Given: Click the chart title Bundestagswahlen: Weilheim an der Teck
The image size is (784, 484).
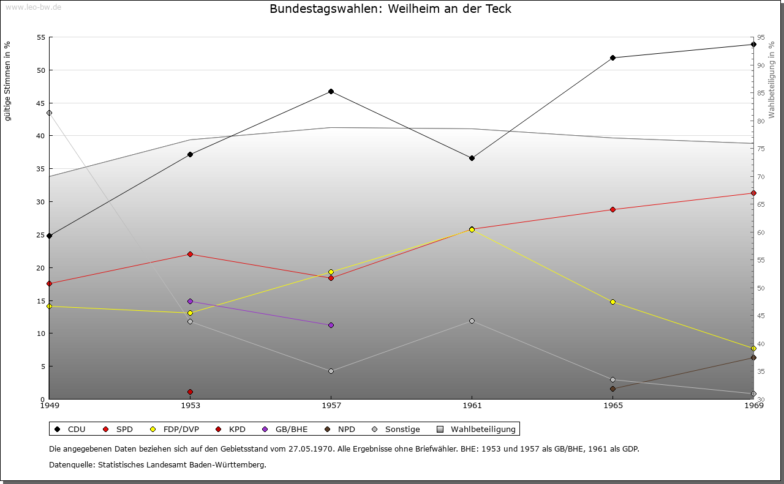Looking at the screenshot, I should pos(390,9).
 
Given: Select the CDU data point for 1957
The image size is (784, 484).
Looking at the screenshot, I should pos(331,92).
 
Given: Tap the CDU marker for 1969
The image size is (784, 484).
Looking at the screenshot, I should pos(753,44).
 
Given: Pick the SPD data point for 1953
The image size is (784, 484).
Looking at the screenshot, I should pos(190,254).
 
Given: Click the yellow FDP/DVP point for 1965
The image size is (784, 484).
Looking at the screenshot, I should pos(612,302).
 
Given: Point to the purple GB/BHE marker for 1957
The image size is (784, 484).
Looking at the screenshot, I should pos(331,325).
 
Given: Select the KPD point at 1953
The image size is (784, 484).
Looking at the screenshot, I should pos(190,392).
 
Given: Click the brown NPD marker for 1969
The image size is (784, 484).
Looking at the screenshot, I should pos(753,358).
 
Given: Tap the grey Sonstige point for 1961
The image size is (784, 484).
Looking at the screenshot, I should pos(472,321).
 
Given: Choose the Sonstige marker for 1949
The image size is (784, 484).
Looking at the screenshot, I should pos(49,113).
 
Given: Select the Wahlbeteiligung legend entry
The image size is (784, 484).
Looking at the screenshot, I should pos(477,429).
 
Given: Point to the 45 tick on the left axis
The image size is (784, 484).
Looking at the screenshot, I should pos(41,103).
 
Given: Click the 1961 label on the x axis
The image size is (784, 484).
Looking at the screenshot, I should pos(472,405).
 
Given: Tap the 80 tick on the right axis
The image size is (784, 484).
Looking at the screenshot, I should pos(761,121).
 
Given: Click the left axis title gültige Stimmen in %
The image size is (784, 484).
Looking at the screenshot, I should pos(7,81).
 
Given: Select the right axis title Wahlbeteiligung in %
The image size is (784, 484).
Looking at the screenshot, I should pos(771,80).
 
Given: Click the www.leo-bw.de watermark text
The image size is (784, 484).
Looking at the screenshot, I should pos(32,7).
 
